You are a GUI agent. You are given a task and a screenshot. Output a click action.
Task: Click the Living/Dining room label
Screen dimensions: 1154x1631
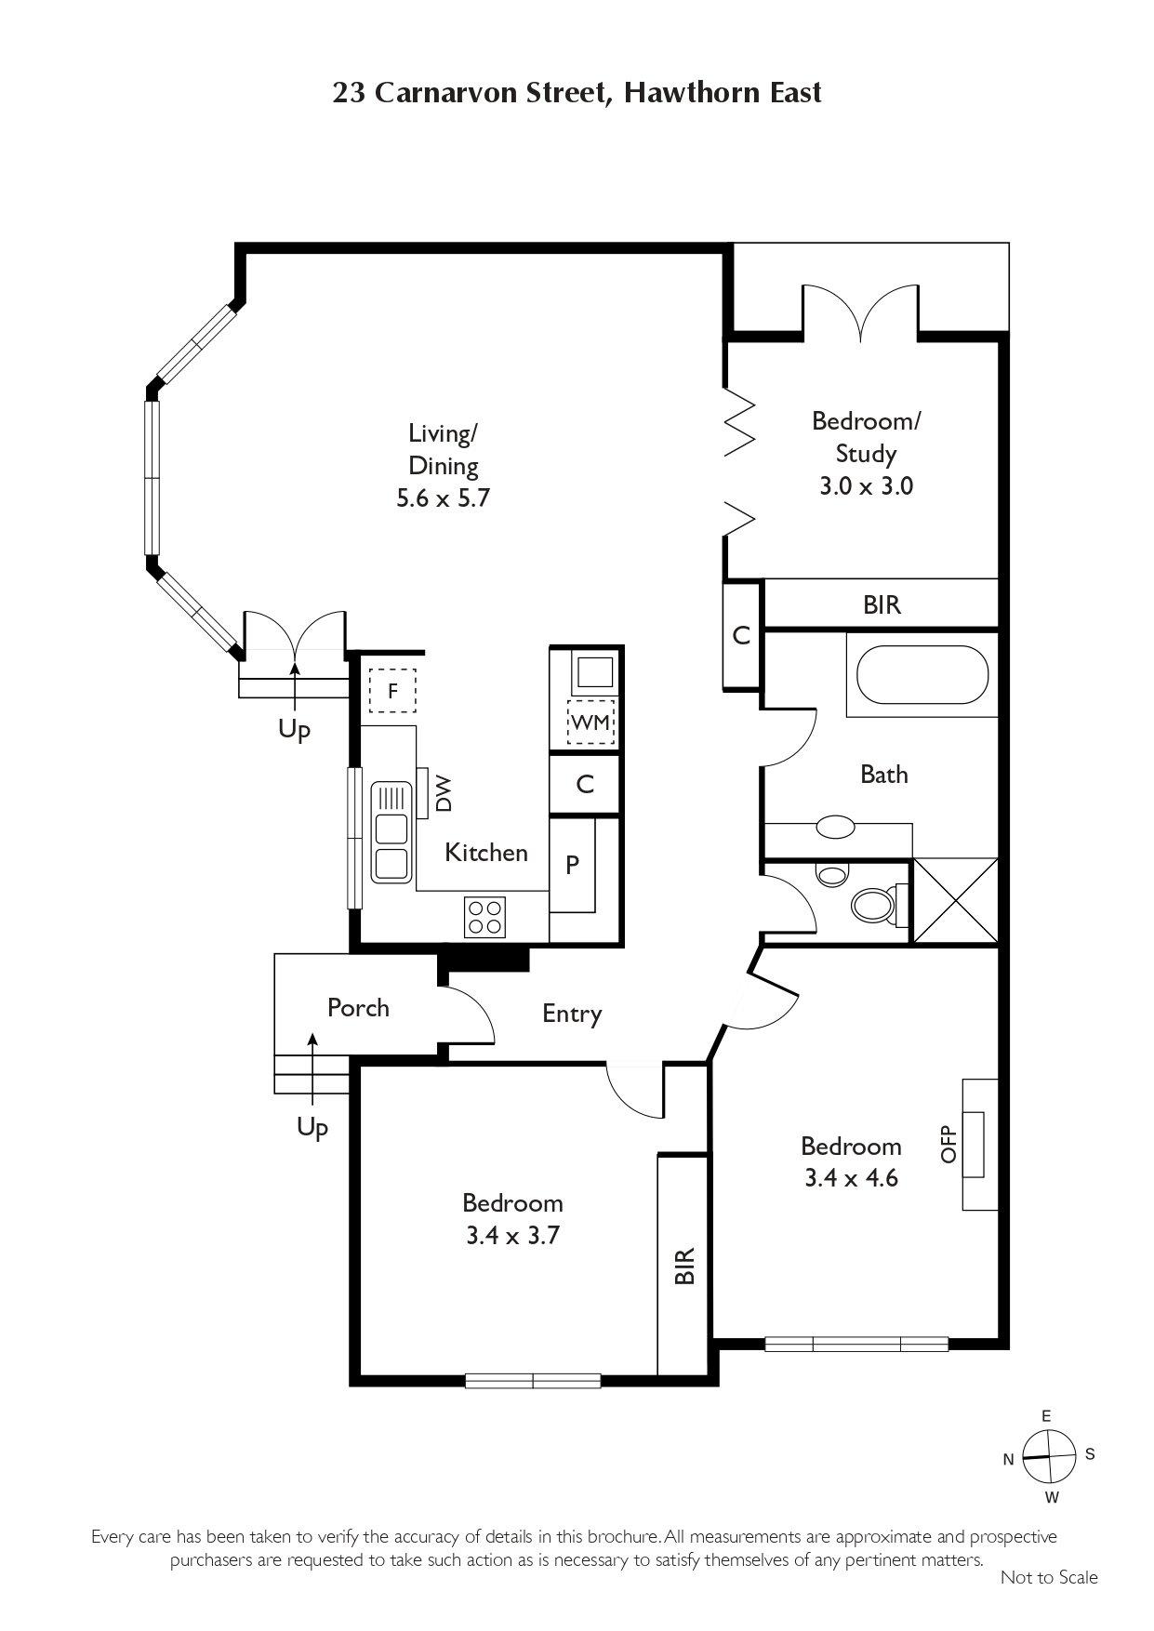pyautogui.click(x=444, y=449)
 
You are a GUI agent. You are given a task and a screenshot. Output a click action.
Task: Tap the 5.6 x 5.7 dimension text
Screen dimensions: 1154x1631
pyautogui.click(x=443, y=497)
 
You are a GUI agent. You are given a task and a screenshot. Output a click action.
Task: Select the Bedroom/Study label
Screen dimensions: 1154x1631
pyautogui.click(x=866, y=437)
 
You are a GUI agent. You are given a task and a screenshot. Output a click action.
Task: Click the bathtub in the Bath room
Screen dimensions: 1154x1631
pyautogui.click(x=922, y=675)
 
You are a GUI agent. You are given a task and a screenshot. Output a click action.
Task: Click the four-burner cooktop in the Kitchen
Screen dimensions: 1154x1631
pyautogui.click(x=484, y=917)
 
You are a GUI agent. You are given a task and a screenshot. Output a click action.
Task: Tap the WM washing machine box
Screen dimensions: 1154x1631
pyautogui.click(x=590, y=722)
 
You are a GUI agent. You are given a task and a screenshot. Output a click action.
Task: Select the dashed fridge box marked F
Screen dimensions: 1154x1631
pyautogui.click(x=392, y=691)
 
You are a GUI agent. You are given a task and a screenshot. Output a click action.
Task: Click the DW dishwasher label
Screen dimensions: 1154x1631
pyautogui.click(x=444, y=793)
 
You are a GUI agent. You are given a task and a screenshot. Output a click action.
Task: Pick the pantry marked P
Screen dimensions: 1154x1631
pyautogui.click(x=572, y=865)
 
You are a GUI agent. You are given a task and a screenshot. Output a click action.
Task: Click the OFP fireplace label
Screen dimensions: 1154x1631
pyautogui.click(x=948, y=1144)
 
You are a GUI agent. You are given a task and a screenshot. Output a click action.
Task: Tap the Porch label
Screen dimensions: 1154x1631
pyautogui.click(x=358, y=1008)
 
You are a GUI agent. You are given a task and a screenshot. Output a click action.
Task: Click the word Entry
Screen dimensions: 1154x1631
pyautogui.click(x=572, y=1014)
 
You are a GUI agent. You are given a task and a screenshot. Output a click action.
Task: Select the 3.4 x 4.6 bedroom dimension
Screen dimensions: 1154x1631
pyautogui.click(x=851, y=1178)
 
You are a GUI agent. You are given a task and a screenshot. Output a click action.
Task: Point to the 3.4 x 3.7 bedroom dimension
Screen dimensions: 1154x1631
pyautogui.click(x=512, y=1236)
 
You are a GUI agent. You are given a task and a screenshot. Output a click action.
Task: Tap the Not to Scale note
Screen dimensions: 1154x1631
pyautogui.click(x=1049, y=1577)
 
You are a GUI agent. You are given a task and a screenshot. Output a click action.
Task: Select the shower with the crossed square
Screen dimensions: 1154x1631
pyautogui.click(x=956, y=901)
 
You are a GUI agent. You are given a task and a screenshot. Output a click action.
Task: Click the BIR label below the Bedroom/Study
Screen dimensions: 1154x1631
pyautogui.click(x=882, y=605)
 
